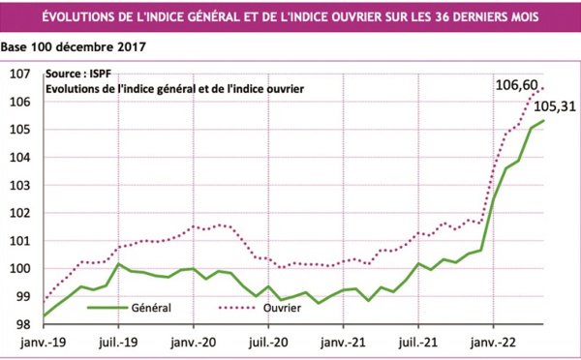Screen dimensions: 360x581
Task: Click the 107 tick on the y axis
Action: click(x=20, y=74)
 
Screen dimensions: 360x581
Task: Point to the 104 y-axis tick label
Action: click(x=20, y=158)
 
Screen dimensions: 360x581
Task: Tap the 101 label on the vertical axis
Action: click(x=20, y=241)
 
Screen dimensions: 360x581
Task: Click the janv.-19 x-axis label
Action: click(x=43, y=342)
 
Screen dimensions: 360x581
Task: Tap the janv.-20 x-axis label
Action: click(x=194, y=342)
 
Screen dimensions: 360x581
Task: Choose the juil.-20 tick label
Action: click(x=267, y=342)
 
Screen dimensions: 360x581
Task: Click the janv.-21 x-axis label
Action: click(x=343, y=342)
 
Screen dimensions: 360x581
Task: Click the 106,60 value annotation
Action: click(x=515, y=86)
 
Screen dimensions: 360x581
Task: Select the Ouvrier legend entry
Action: click(x=279, y=309)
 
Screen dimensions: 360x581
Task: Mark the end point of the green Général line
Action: click(x=544, y=120)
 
